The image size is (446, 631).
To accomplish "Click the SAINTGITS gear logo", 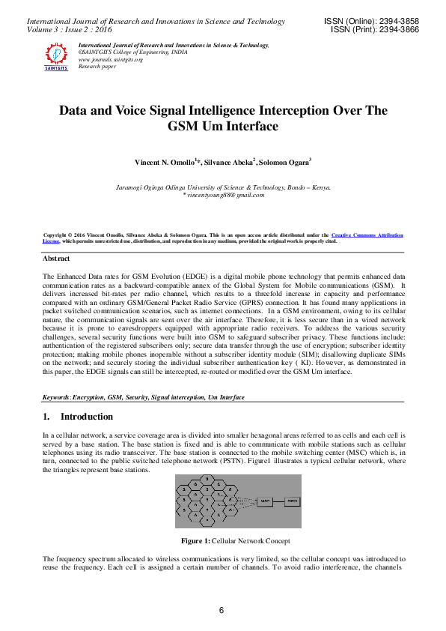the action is (x=56, y=56).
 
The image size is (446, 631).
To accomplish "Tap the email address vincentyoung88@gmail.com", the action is (x=224, y=195).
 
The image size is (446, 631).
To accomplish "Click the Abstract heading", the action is (x=57, y=259).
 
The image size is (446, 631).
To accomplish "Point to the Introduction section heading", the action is (x=87, y=416).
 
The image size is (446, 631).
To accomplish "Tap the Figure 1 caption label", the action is (x=195, y=541).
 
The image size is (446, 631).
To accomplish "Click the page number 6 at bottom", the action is (x=222, y=611).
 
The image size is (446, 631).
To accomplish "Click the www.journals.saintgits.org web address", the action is (x=110, y=59).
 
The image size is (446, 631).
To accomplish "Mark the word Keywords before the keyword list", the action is (x=57, y=397).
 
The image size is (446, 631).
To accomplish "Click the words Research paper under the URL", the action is (x=99, y=66).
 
